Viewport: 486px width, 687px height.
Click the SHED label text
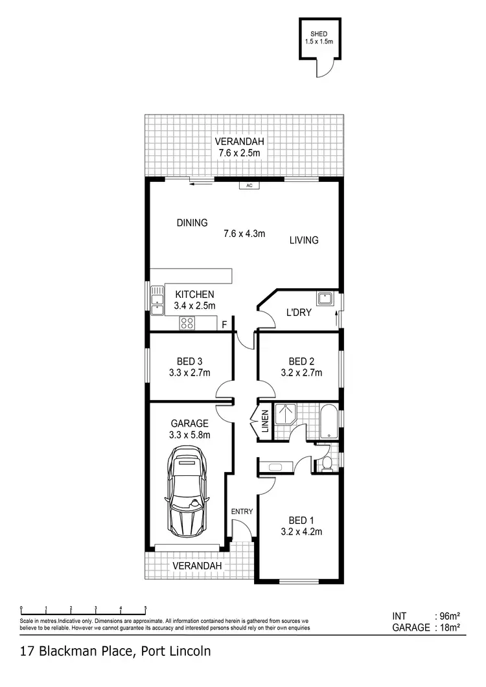coord(318,34)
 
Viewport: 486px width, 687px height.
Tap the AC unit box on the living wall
coord(249,185)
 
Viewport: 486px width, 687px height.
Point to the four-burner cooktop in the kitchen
coord(188,323)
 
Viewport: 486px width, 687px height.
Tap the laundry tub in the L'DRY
coord(324,299)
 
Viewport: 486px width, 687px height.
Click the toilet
coord(327,462)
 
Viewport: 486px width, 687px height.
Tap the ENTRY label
coord(242,512)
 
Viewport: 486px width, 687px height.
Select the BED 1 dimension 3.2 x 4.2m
coord(302,532)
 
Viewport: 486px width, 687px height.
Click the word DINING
coord(192,223)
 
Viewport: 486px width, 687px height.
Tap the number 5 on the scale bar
coord(145,608)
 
